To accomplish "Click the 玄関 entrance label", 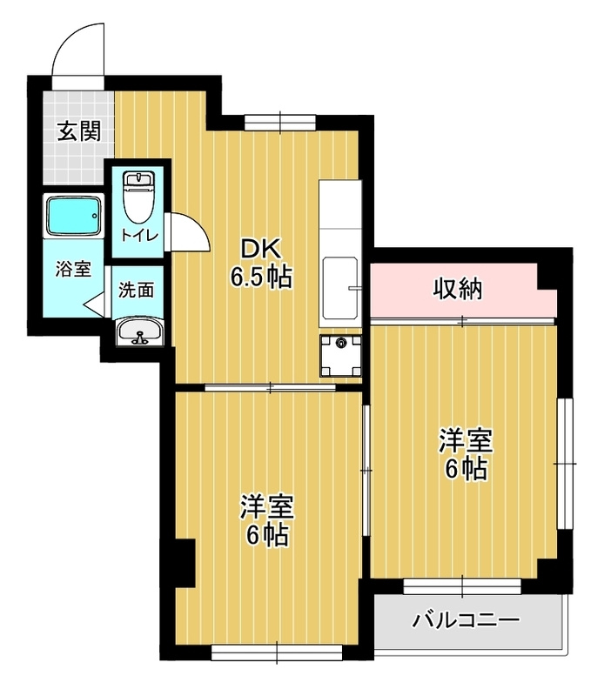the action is pyautogui.click(x=79, y=131).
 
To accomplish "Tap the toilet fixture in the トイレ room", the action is pyautogui.click(x=138, y=197).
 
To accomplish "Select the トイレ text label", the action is pyautogui.click(x=139, y=235).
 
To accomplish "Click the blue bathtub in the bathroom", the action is pyautogui.click(x=73, y=216).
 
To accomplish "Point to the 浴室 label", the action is pyautogui.click(x=73, y=269).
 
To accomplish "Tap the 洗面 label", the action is pyautogui.click(x=137, y=291).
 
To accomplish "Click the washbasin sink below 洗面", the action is pyautogui.click(x=140, y=331).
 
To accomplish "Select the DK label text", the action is pyautogui.click(x=261, y=249).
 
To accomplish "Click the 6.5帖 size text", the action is pyautogui.click(x=261, y=278).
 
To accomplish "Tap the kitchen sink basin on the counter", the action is pyautogui.click(x=341, y=288).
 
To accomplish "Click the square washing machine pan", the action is pyautogui.click(x=341, y=356).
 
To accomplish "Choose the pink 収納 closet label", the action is pyautogui.click(x=458, y=290).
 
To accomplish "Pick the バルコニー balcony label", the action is pyautogui.click(x=466, y=620).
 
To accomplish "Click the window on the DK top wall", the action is pyautogui.click(x=280, y=123).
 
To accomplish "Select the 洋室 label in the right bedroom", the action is pyautogui.click(x=466, y=441).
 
